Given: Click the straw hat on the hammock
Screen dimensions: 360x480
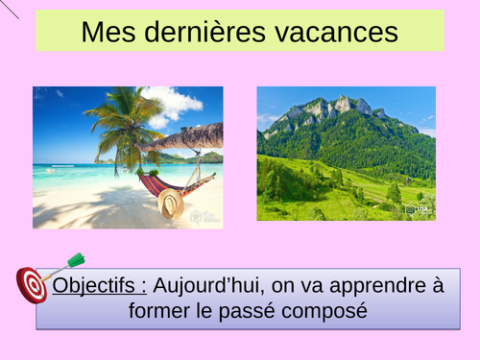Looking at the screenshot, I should point(171,203).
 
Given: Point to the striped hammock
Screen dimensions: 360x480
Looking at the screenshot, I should point(154,182).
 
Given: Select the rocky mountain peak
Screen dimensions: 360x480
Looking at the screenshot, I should point(341,104).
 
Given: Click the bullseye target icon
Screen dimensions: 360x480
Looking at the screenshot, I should point(33,284).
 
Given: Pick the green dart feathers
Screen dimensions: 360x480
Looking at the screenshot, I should point(75,259).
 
